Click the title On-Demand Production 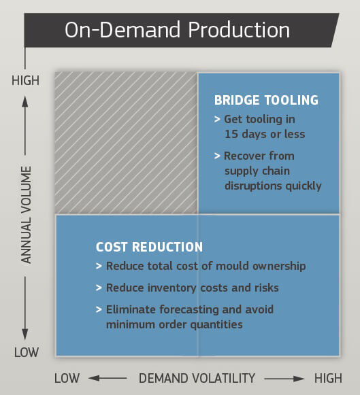177,31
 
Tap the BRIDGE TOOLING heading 266,101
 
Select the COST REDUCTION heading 149,247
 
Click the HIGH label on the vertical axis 25,81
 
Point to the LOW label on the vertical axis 25,352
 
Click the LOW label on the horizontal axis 67,378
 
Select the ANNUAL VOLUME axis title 26,215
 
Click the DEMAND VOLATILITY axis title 197,378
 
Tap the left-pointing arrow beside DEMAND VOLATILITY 108,378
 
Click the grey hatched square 126,143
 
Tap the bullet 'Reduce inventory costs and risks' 192,288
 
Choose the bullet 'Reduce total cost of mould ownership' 206,266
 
